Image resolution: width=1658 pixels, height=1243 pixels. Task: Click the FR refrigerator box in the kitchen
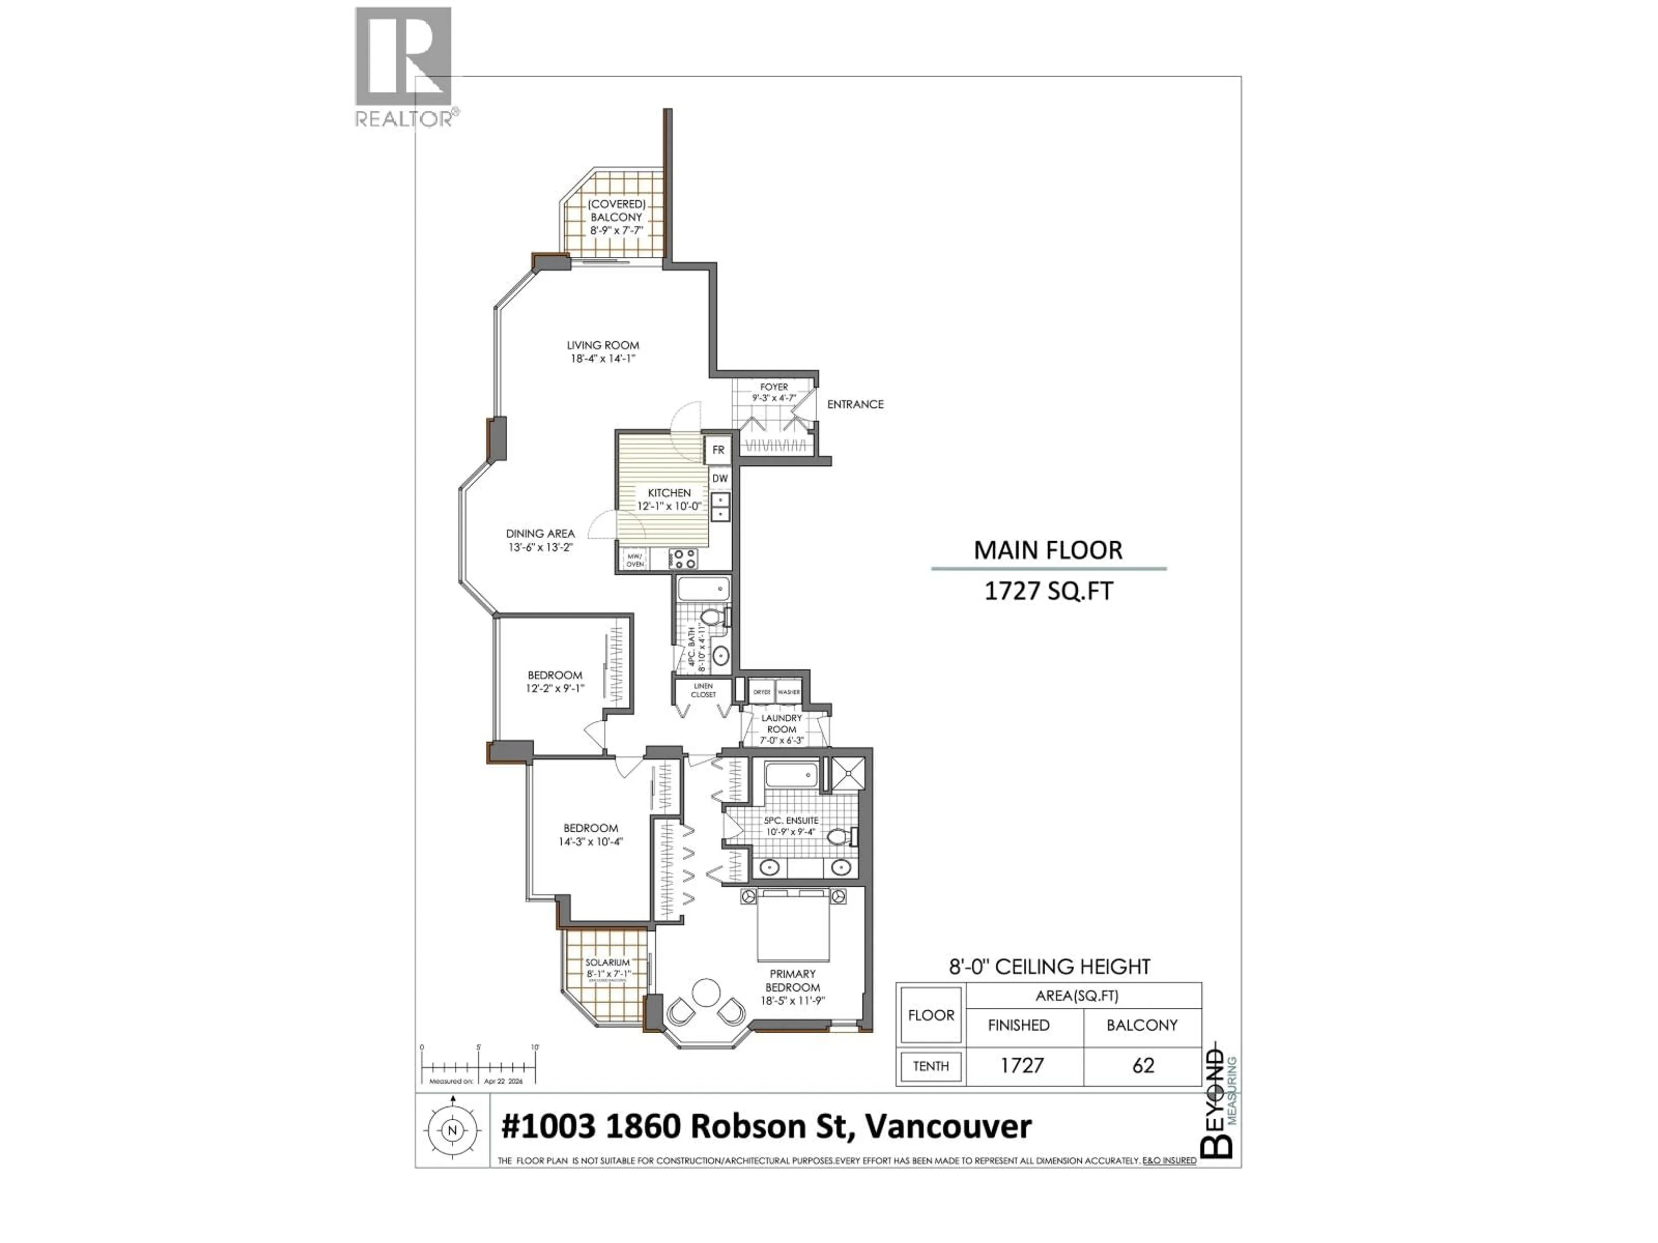[x=718, y=450]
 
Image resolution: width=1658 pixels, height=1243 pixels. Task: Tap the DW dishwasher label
[x=720, y=478]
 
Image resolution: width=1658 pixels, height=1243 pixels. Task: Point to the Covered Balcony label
[x=616, y=211]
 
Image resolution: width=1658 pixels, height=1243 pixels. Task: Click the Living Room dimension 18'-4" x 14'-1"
[x=603, y=359]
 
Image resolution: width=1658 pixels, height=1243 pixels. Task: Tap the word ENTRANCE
[x=855, y=404]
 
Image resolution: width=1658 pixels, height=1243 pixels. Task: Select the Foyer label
[x=774, y=388]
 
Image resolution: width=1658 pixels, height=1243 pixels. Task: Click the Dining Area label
[x=540, y=533]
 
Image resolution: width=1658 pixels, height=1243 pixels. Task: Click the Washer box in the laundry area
[x=788, y=692]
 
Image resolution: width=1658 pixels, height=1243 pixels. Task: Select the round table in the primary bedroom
[x=706, y=993]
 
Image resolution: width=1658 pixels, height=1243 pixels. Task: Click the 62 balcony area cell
[x=1142, y=1066]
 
